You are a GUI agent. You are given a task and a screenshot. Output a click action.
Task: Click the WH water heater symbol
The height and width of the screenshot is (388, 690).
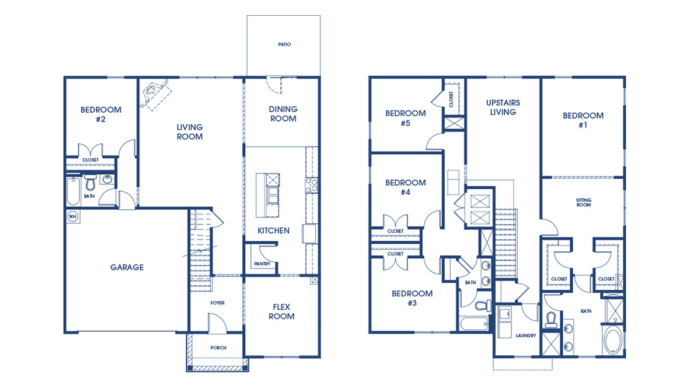point(72,216)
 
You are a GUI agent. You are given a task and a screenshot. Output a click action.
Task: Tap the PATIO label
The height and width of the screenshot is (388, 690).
point(284,44)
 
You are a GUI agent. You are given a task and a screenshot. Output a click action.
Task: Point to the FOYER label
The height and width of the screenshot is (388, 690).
point(217,303)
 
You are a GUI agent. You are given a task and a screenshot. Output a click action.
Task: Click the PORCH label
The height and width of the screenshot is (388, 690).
point(218,348)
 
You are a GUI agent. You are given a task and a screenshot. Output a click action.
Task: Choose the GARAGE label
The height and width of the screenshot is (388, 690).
point(127,268)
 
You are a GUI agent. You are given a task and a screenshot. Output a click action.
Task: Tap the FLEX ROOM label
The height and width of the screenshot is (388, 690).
point(281,311)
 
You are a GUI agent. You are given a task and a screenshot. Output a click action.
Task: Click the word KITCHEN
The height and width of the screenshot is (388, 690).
point(273,231)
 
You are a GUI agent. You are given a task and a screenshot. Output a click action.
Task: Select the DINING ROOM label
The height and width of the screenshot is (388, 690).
point(283,113)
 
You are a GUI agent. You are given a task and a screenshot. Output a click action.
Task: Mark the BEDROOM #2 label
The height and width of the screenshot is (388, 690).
point(100,114)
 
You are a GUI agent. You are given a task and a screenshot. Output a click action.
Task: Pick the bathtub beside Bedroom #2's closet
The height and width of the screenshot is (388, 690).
point(72,190)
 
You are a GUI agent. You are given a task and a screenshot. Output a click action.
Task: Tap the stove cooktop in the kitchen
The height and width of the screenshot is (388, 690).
point(311,185)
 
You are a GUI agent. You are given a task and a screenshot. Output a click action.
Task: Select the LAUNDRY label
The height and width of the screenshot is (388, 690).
point(525,335)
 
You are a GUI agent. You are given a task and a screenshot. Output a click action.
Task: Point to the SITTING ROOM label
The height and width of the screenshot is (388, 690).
point(583,203)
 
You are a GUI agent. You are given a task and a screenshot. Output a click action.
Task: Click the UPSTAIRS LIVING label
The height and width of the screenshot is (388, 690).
point(503,107)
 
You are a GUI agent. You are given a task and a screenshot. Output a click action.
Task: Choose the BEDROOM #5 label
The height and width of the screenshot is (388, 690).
point(405,118)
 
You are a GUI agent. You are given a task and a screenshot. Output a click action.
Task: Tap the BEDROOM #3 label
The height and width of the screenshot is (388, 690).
point(412,298)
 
